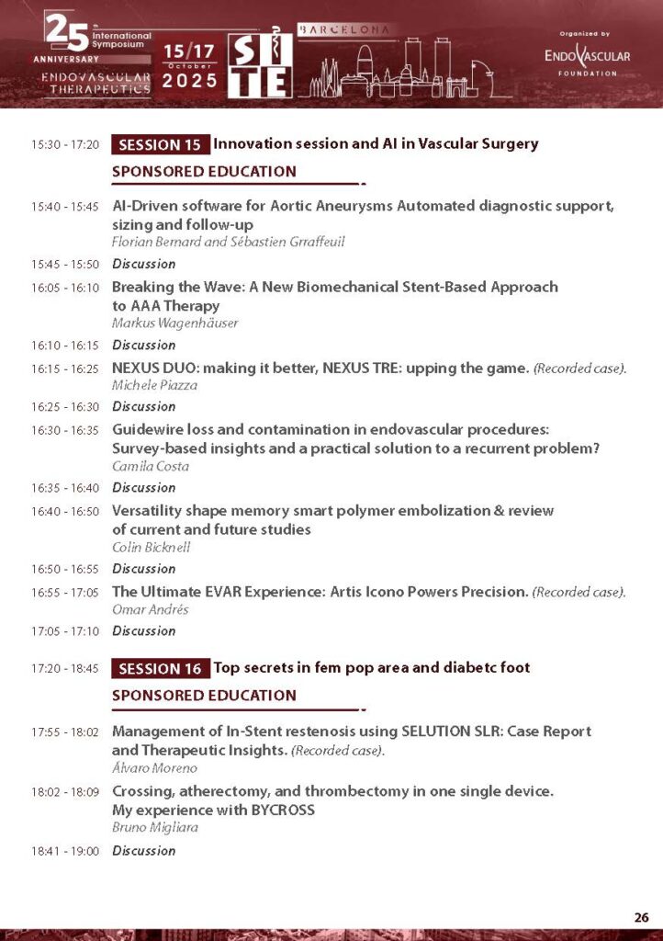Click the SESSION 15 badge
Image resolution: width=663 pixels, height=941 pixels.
click(x=160, y=144)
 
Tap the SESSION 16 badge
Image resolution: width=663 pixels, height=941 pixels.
click(x=160, y=668)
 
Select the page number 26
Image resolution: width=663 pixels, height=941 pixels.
click(x=641, y=917)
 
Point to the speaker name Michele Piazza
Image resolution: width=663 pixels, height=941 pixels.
click(x=154, y=385)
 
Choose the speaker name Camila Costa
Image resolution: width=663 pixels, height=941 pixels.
click(x=151, y=466)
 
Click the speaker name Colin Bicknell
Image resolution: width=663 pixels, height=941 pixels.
click(x=152, y=547)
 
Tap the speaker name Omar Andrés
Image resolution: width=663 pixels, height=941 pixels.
click(x=147, y=609)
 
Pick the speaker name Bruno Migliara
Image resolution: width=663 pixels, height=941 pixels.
click(x=154, y=828)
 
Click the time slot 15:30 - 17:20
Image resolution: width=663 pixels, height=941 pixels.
click(x=64, y=145)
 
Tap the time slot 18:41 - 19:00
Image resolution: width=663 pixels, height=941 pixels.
click(x=64, y=851)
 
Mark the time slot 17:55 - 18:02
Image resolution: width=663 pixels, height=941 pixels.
click(x=64, y=732)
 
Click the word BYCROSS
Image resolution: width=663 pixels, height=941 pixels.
click(x=286, y=811)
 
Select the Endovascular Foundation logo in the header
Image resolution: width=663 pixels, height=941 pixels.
click(x=588, y=55)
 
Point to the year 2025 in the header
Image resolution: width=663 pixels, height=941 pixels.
click(x=190, y=81)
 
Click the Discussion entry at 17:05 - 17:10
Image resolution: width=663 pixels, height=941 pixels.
click(x=143, y=631)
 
